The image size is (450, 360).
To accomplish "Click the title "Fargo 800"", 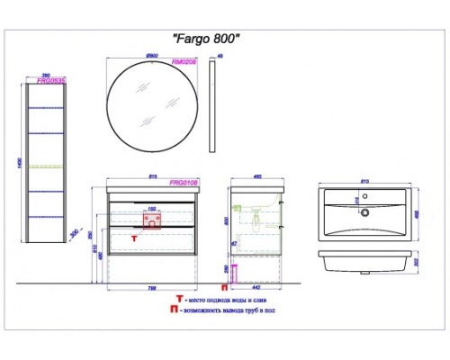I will [x=206, y=39].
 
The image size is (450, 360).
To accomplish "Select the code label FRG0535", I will [x=49, y=79].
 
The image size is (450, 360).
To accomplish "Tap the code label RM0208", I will [x=185, y=63].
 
